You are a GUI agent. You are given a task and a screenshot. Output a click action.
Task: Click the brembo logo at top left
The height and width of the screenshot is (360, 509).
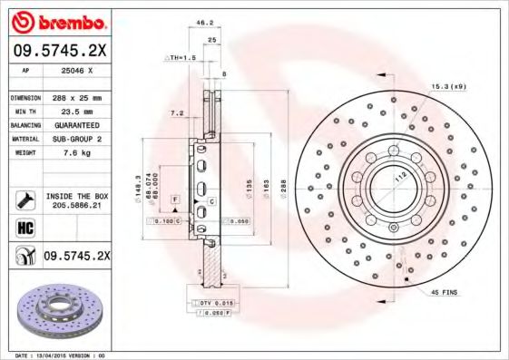[x=56, y=20]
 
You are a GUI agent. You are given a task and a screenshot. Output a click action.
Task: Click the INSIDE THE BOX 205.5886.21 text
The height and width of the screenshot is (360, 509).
[x=76, y=201]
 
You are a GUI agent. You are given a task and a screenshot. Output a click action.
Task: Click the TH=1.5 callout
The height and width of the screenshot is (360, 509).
[x=181, y=57]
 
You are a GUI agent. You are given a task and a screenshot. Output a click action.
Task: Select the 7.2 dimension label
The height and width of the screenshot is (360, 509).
[x=178, y=113]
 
